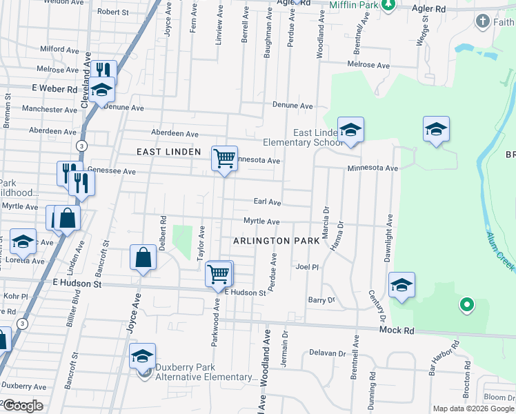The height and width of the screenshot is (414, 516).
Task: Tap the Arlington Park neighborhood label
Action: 276,241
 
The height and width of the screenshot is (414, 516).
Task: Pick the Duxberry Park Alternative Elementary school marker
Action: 143,356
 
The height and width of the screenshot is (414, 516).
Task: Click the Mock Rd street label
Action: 397,331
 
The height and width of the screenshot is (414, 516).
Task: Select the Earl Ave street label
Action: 267,202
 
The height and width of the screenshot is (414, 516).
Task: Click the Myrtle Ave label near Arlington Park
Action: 261,221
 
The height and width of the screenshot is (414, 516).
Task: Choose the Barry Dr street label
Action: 321,300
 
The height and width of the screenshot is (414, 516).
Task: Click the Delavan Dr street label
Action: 327,353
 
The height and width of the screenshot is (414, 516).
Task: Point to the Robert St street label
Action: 113,12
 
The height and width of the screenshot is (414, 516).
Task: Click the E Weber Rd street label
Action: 54,90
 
